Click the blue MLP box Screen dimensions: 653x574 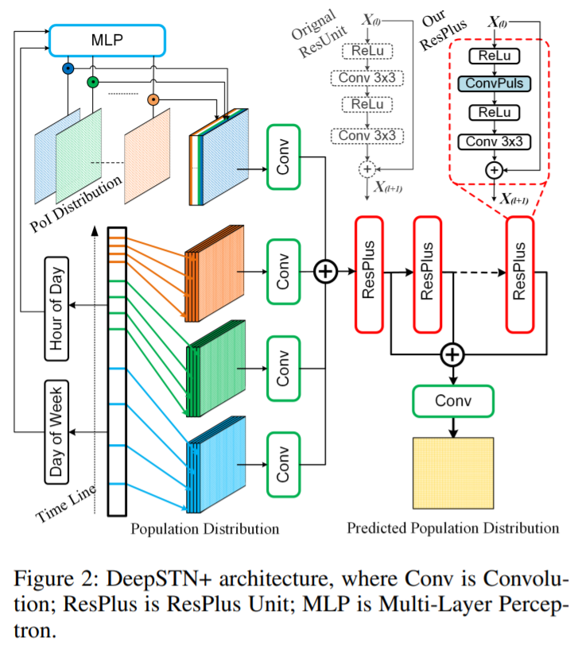click(x=107, y=39)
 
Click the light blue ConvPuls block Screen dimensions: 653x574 click(x=494, y=83)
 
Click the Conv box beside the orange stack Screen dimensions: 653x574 click(x=284, y=271)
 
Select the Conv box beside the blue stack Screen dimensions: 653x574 click(x=284, y=466)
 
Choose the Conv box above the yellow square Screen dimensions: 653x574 click(x=453, y=400)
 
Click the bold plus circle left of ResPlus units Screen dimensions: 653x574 click(x=325, y=271)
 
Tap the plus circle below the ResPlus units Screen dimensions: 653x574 click(x=452, y=353)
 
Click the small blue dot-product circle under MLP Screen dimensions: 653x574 click(x=68, y=69)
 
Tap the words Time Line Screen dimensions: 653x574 click(x=68, y=503)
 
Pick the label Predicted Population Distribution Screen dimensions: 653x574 click(x=452, y=527)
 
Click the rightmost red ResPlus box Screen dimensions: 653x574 click(x=520, y=272)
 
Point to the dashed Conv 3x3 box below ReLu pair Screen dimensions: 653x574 click(x=367, y=136)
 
